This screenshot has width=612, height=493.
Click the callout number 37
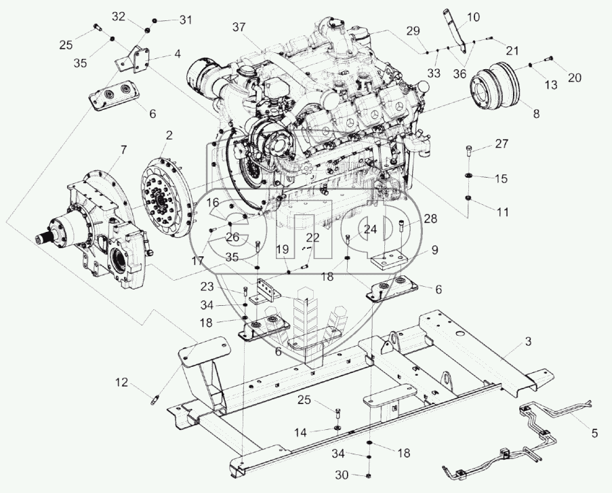tap(238, 27)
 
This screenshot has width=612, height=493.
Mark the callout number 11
tap(502, 212)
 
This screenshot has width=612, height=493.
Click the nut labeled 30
tap(367, 474)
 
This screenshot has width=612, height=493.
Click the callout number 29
tap(413, 31)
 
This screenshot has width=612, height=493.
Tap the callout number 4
tap(176, 53)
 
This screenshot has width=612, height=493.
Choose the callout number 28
tap(431, 218)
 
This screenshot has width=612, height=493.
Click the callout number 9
tap(434, 249)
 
